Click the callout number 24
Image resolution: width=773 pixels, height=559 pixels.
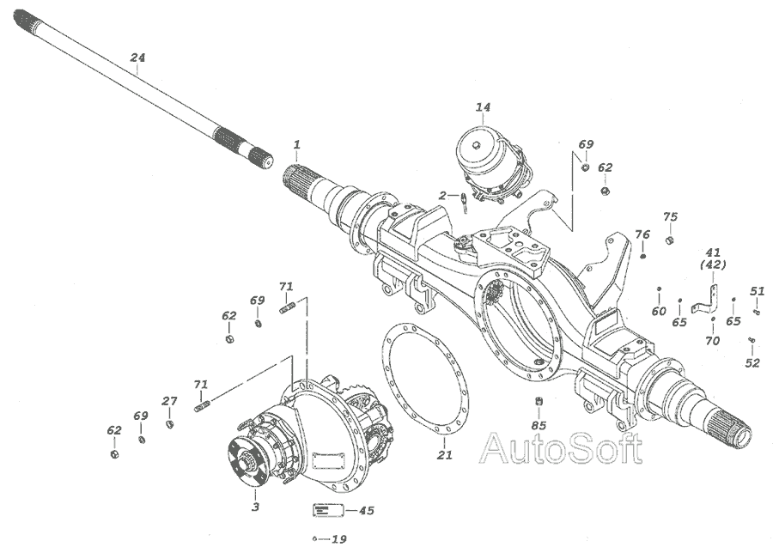(137, 58)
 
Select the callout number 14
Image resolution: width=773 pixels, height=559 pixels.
(483, 107)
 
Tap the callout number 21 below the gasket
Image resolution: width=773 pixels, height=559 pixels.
(444, 455)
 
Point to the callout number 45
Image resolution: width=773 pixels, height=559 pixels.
(366, 510)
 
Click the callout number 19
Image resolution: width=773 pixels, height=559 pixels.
(339, 539)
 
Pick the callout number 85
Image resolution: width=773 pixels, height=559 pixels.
(539, 425)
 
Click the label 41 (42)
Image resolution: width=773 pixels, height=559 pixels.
(713, 258)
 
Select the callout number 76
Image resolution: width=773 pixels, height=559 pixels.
(642, 234)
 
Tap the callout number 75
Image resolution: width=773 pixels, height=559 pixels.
(670, 217)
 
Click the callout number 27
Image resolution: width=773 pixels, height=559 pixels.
(169, 401)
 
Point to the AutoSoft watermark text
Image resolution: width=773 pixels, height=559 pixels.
(562, 448)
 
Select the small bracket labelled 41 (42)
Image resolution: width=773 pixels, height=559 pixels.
(704, 301)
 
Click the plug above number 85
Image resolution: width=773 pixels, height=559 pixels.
(539, 402)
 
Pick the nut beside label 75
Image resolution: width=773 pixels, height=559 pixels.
(669, 240)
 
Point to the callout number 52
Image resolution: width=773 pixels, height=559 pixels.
(752, 363)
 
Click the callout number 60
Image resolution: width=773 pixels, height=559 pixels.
(659, 311)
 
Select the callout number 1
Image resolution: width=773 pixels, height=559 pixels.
(297, 145)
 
